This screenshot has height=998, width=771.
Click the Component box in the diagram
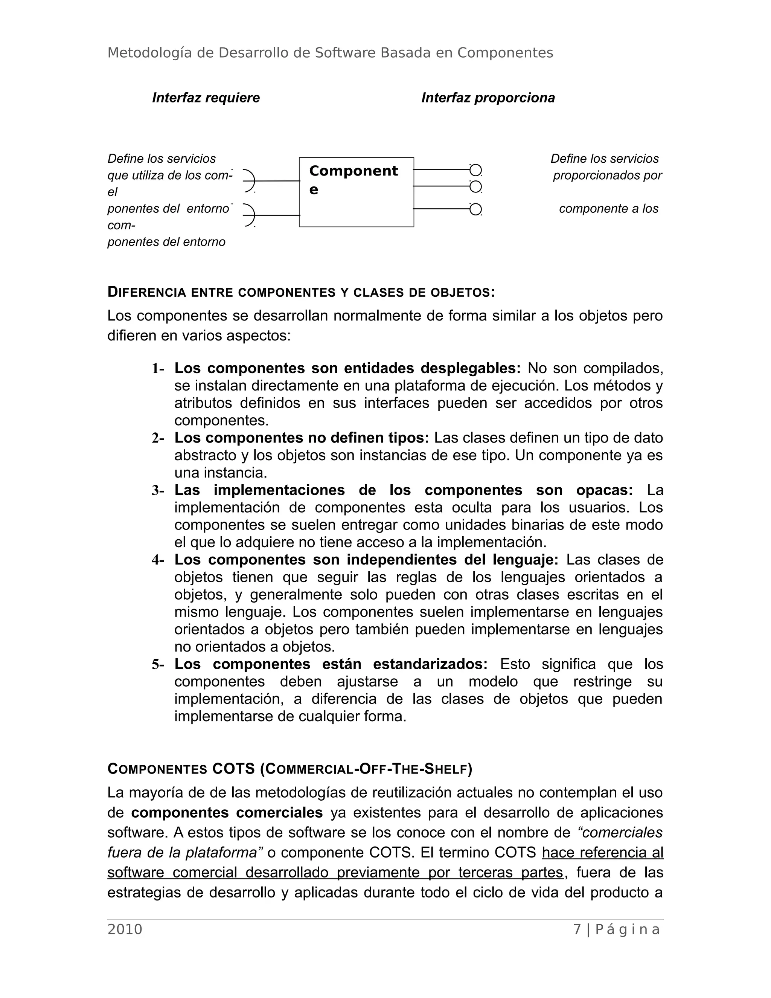(356, 192)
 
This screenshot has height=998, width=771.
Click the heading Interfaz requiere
(206, 98)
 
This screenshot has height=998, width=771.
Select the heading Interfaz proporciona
(488, 98)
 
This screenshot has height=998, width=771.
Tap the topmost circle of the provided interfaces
(475, 170)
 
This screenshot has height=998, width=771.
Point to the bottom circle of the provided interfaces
(475, 209)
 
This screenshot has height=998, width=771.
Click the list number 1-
(158, 369)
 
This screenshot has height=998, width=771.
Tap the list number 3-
(158, 491)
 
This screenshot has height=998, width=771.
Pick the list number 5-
(158, 664)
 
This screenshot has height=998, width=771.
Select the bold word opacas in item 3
(604, 490)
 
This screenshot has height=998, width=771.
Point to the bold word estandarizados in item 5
(430, 664)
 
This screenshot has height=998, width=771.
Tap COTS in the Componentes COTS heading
(233, 769)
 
